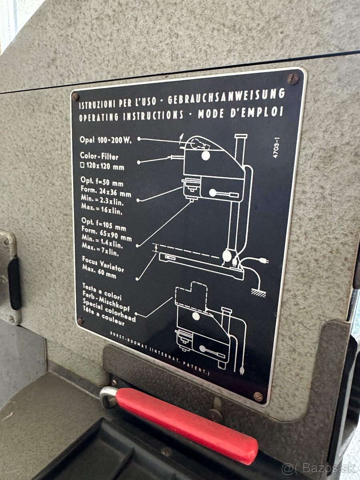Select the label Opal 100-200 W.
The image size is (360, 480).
106,140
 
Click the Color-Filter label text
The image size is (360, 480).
99,156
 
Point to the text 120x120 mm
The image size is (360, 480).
102,167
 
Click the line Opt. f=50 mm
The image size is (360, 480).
102,181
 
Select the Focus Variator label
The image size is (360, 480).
103,264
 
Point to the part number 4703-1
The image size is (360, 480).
277,148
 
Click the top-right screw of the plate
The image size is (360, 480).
293,79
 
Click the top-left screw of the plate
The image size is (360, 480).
76,96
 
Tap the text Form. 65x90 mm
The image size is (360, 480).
106,234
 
